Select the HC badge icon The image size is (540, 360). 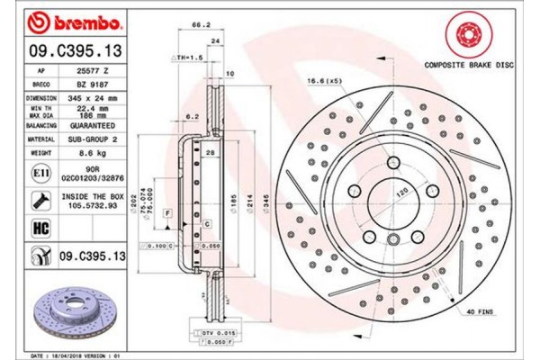coord(40,228)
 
